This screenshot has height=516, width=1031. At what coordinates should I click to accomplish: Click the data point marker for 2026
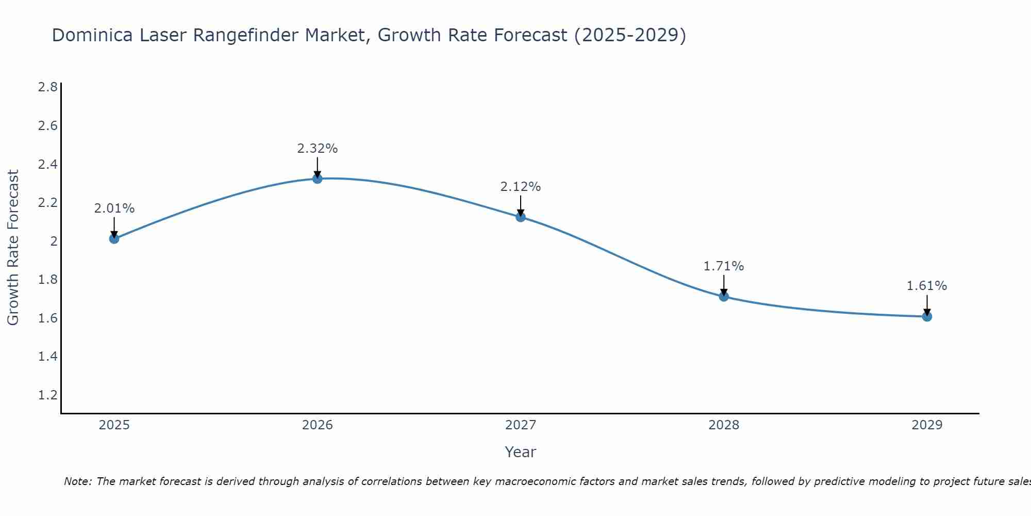click(x=318, y=179)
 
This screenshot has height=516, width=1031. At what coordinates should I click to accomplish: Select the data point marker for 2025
click(x=114, y=238)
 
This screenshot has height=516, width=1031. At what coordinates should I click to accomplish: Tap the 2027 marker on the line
click(x=521, y=217)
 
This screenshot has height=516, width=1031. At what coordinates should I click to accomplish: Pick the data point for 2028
click(x=724, y=296)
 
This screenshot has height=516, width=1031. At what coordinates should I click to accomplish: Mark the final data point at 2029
click(x=927, y=316)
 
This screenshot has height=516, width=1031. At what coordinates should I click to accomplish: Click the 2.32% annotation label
click(x=318, y=149)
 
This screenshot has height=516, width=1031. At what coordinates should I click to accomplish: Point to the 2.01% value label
click(x=114, y=208)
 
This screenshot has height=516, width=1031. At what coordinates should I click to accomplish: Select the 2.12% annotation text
click(x=521, y=187)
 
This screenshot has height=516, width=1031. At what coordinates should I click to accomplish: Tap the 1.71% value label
click(x=724, y=266)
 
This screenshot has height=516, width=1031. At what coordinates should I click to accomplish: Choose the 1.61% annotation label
click(x=927, y=286)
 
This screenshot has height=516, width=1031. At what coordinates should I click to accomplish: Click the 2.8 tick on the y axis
click(x=48, y=87)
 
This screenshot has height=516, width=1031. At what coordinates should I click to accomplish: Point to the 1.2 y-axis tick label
click(x=48, y=395)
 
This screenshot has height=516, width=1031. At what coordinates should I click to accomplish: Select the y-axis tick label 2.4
click(x=48, y=165)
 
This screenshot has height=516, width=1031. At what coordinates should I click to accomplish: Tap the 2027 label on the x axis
click(x=521, y=425)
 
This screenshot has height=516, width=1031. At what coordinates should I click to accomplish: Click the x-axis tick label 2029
click(x=927, y=425)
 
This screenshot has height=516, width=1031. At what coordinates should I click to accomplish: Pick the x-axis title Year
click(x=521, y=452)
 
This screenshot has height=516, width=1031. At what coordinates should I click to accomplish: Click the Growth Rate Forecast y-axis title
click(x=13, y=248)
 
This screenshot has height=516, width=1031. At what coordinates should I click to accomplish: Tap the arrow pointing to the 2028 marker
click(x=724, y=285)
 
